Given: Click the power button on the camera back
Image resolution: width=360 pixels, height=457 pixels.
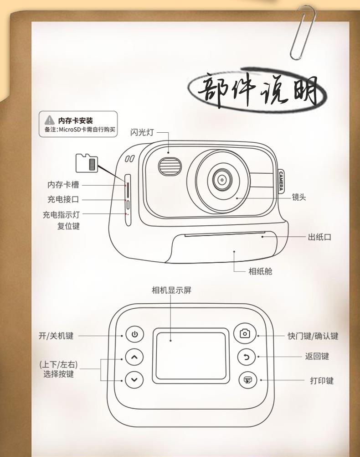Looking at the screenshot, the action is coord(134,334).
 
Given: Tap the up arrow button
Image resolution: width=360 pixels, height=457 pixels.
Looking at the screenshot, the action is coord(134,357).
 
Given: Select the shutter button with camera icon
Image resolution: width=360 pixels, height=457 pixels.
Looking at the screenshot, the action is coord(245,333).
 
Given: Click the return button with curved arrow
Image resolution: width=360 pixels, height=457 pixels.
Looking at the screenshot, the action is coord(247,357).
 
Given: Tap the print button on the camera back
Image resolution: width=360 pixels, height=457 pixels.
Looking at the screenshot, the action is coord(248,380).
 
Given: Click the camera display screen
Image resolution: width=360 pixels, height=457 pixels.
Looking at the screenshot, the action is coord(191,356).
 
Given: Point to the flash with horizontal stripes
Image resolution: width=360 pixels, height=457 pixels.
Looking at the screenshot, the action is coord(170,166).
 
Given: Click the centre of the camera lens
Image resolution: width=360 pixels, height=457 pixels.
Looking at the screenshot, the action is coord(222,179).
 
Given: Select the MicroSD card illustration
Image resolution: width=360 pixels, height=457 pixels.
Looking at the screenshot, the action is coord(87,163).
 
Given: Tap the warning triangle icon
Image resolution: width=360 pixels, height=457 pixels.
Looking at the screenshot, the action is coord(50,120).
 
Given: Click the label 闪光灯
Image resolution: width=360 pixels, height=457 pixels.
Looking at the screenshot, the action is coord(142,132).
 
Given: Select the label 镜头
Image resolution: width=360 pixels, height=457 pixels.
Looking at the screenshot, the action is coord(299,197).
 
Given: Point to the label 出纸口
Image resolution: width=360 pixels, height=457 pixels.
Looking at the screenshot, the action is coord(319,237).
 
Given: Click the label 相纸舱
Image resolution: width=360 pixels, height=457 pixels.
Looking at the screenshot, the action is coord(260,271).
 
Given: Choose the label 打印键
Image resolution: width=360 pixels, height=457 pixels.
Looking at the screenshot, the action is coord(322,381).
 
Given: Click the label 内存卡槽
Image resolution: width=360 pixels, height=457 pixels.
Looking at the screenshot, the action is coord(63,185).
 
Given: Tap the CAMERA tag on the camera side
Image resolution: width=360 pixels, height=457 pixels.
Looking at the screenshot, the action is coord(281,181).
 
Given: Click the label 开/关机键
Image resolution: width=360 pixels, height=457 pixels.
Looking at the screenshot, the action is coord(56,336).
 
